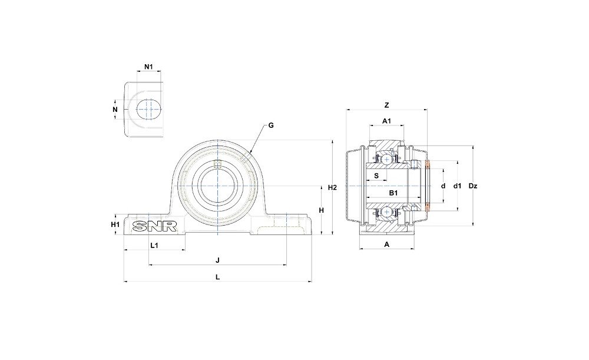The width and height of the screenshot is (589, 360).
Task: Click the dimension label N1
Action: coord(149,67)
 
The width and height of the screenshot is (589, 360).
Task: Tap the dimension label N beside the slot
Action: coord(115,109)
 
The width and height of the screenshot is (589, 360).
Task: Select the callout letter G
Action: coord(271,125)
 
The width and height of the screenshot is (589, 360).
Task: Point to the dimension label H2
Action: coord(332,187)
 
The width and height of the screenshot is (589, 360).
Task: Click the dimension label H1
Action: coord(115,224)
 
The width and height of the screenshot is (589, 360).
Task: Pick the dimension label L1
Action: coord(154,245)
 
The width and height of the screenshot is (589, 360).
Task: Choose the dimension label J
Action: coord(217,260)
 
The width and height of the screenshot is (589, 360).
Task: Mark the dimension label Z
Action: coord(386,105)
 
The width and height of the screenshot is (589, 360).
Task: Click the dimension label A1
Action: coord(387,121)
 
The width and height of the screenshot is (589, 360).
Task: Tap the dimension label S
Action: coord(376,175)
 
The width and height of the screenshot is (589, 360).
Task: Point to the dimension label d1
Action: coord(457,186)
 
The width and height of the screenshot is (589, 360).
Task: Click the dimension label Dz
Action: coord(472,186)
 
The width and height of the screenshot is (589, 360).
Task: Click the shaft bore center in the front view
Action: coord(218,186)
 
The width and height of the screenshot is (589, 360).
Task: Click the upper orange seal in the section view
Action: coord(428,164)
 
